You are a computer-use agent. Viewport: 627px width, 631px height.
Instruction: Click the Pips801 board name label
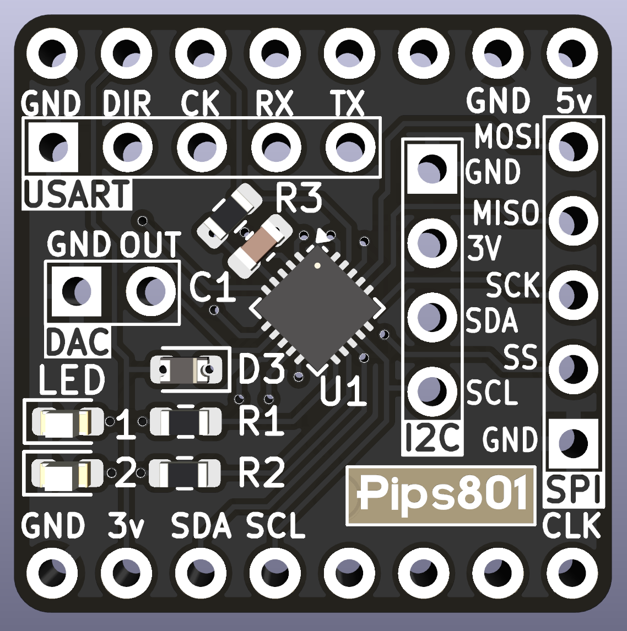[441, 494]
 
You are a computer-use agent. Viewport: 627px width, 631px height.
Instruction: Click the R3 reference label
[298, 199]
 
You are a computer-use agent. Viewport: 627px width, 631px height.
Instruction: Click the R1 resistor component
[186, 422]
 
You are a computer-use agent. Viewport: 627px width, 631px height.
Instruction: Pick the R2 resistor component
[186, 473]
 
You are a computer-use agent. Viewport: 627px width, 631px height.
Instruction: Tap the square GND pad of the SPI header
[573, 441]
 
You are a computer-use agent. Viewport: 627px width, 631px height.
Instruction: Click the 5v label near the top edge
[574, 101]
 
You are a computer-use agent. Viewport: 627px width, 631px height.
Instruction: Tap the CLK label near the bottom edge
[571, 526]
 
